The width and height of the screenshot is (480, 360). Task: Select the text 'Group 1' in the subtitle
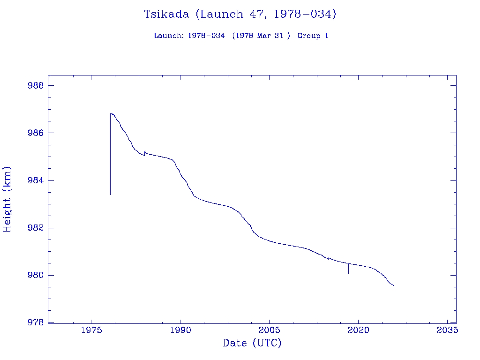313,36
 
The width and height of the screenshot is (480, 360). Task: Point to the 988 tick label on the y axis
36,86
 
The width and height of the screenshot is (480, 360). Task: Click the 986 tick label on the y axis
36,133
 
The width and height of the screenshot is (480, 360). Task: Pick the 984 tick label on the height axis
36,180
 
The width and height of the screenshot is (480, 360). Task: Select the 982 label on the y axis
36,228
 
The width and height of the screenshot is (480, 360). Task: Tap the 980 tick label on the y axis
36,275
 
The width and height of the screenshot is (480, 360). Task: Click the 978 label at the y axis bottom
36,322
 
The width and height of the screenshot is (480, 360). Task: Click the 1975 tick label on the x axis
91,330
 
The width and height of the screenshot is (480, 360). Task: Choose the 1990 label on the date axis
180,330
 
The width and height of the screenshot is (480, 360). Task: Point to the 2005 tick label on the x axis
270,330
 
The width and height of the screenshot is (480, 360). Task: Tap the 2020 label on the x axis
359,330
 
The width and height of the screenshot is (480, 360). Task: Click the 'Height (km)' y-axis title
7,199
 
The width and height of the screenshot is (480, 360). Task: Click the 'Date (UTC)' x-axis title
252,343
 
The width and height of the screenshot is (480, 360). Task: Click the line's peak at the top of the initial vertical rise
111,113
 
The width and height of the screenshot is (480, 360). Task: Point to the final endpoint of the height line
394,285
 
